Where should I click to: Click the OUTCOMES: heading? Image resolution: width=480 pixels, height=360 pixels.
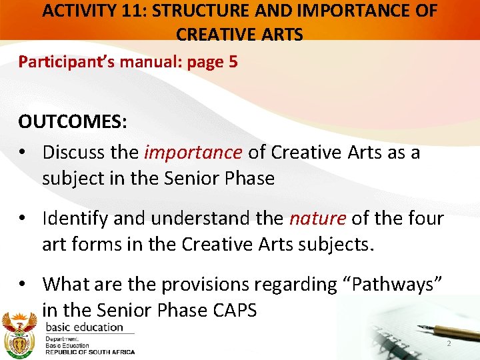point(73,123)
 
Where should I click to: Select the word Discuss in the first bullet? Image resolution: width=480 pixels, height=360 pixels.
point(73,153)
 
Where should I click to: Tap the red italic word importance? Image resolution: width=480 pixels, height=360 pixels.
point(193,153)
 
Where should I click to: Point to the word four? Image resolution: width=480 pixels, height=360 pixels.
point(423,218)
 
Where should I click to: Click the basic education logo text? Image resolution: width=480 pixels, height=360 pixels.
point(85,327)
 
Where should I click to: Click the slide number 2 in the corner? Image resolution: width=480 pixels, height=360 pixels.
point(449,343)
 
